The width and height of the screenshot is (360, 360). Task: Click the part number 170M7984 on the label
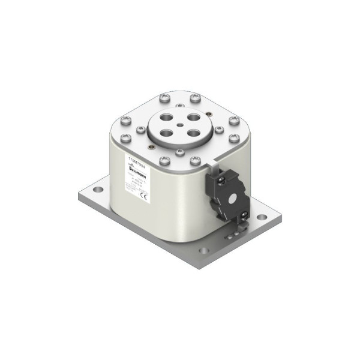[137, 160]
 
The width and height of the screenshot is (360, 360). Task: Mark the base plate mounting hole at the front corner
[204, 250]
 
